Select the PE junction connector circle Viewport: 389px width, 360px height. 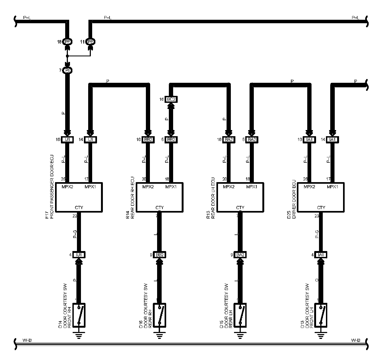pyautogui.click(x=91, y=42)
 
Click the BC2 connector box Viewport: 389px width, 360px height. pyautogui.click(x=171, y=99)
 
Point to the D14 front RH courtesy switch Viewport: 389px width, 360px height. pyautogui.click(x=79, y=315)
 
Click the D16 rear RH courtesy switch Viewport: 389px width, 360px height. pyautogui.click(x=160, y=315)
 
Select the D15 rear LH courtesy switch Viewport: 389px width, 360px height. pyautogui.click(x=240, y=315)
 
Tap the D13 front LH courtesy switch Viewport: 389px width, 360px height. pyautogui.click(x=321, y=315)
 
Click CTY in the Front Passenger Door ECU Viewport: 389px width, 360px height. pyautogui.click(x=79, y=208)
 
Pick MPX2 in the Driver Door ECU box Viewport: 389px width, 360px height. pyautogui.click(x=309, y=187)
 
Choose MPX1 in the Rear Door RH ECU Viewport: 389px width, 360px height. pyautogui.click(x=171, y=187)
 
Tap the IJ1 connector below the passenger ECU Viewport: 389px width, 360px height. pyautogui.click(x=79, y=255)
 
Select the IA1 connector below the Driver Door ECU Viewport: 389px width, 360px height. pyautogui.click(x=321, y=255)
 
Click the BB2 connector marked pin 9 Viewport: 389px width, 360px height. pyautogui.click(x=160, y=255)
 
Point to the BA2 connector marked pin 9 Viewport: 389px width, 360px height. pyautogui.click(x=240, y=255)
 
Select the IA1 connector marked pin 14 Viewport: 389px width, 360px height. pyautogui.click(x=332, y=139)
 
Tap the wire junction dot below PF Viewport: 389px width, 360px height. pyautogui.click(x=67, y=56)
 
